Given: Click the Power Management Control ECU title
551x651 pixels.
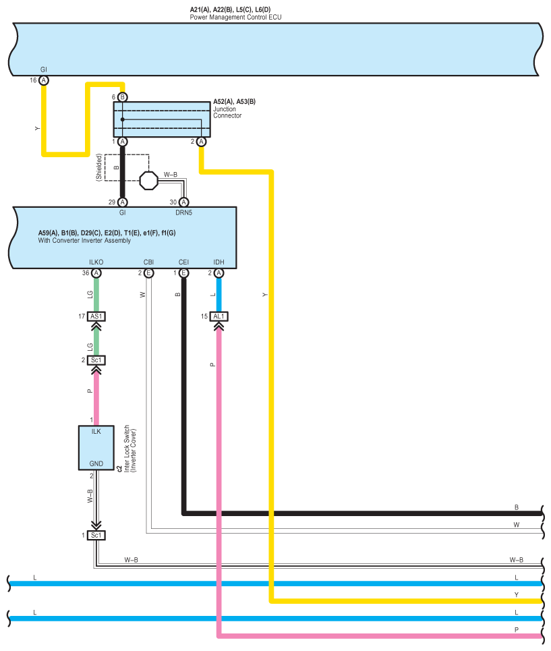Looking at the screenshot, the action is click(235, 17).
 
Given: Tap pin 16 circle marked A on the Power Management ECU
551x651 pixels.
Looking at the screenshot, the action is click(44, 80).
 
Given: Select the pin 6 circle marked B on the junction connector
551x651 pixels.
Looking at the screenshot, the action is click(122, 97).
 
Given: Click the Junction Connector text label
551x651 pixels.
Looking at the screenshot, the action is click(227, 112).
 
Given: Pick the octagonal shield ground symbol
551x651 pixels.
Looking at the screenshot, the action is click(148, 181).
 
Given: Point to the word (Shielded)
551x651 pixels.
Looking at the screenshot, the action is click(98, 167).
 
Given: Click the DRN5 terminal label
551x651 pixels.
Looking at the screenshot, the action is click(184, 213).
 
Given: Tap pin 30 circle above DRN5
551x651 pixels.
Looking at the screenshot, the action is click(184, 202).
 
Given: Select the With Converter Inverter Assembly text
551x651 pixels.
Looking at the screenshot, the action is click(84, 240).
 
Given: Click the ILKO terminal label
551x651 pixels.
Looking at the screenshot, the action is click(96, 262).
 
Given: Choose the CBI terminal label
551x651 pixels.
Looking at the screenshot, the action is click(148, 262).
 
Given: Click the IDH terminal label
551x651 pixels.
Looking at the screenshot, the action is click(219, 262).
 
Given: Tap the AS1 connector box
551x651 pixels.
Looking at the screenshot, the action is click(96, 316).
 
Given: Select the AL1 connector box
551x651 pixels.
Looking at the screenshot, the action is click(219, 316).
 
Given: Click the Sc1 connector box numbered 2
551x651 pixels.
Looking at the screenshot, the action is click(96, 360).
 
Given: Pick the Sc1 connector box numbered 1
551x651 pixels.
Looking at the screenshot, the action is click(96, 535).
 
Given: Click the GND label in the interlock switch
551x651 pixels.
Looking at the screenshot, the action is click(96, 463).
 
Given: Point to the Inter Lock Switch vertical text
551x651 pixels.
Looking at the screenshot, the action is click(127, 449).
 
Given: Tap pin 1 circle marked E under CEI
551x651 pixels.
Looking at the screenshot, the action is click(184, 273).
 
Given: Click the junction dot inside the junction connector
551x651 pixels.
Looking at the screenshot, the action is click(122, 119).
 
